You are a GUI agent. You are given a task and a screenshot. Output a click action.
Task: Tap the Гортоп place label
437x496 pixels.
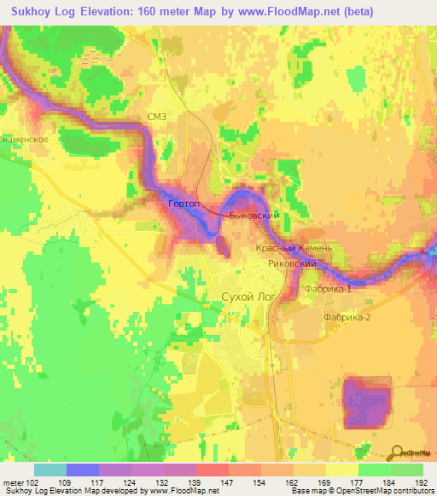[x=184, y=205]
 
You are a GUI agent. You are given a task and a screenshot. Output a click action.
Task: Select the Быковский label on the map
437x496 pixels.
[x=254, y=216]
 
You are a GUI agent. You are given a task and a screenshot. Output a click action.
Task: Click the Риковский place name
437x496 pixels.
[x=293, y=264]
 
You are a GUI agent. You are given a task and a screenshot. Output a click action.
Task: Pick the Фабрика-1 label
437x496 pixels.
[x=327, y=289]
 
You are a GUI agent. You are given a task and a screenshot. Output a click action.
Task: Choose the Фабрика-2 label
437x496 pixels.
[x=347, y=317]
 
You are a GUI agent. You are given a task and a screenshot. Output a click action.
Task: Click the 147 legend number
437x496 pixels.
[x=228, y=482]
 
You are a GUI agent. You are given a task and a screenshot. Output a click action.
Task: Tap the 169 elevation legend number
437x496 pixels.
[x=326, y=482]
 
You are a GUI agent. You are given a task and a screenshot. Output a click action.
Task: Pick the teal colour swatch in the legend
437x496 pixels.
[x=50, y=470]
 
